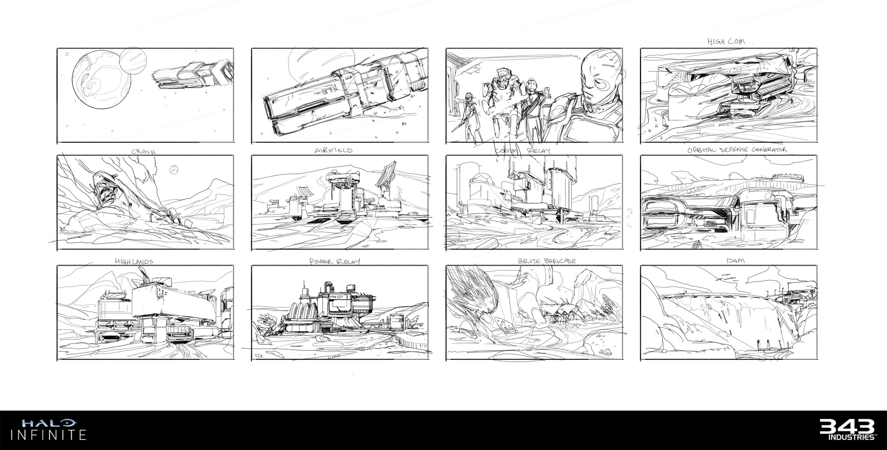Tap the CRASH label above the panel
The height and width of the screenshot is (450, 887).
coord(143,151)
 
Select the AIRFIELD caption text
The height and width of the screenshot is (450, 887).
coord(334,150)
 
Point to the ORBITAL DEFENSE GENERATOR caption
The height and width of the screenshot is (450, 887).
coord(737,150)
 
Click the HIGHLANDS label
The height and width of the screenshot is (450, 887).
coord(134,261)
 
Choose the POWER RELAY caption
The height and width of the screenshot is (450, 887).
coord(335,261)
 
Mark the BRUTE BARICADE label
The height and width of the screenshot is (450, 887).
coord(547,261)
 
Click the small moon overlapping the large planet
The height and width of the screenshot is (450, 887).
coord(133,61)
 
